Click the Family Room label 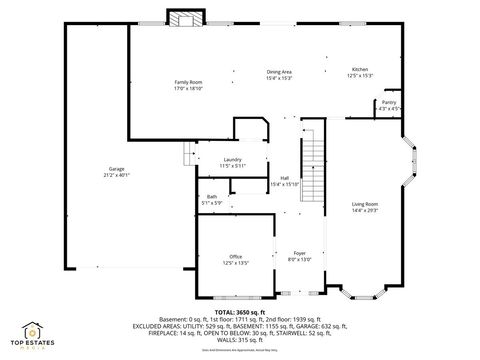[189, 81]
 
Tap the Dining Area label [279, 72]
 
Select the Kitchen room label [360, 70]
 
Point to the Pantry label [387, 102]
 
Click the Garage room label [117, 168]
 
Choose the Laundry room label [232, 160]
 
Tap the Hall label [285, 178]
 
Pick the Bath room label [212, 196]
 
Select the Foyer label [299, 253]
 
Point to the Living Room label [364, 203]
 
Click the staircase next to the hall [314, 160]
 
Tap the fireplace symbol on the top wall [184, 20]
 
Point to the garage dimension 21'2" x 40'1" [117, 175]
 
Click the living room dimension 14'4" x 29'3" [364, 210]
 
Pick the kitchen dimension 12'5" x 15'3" [360, 76]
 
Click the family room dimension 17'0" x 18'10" [189, 88]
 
